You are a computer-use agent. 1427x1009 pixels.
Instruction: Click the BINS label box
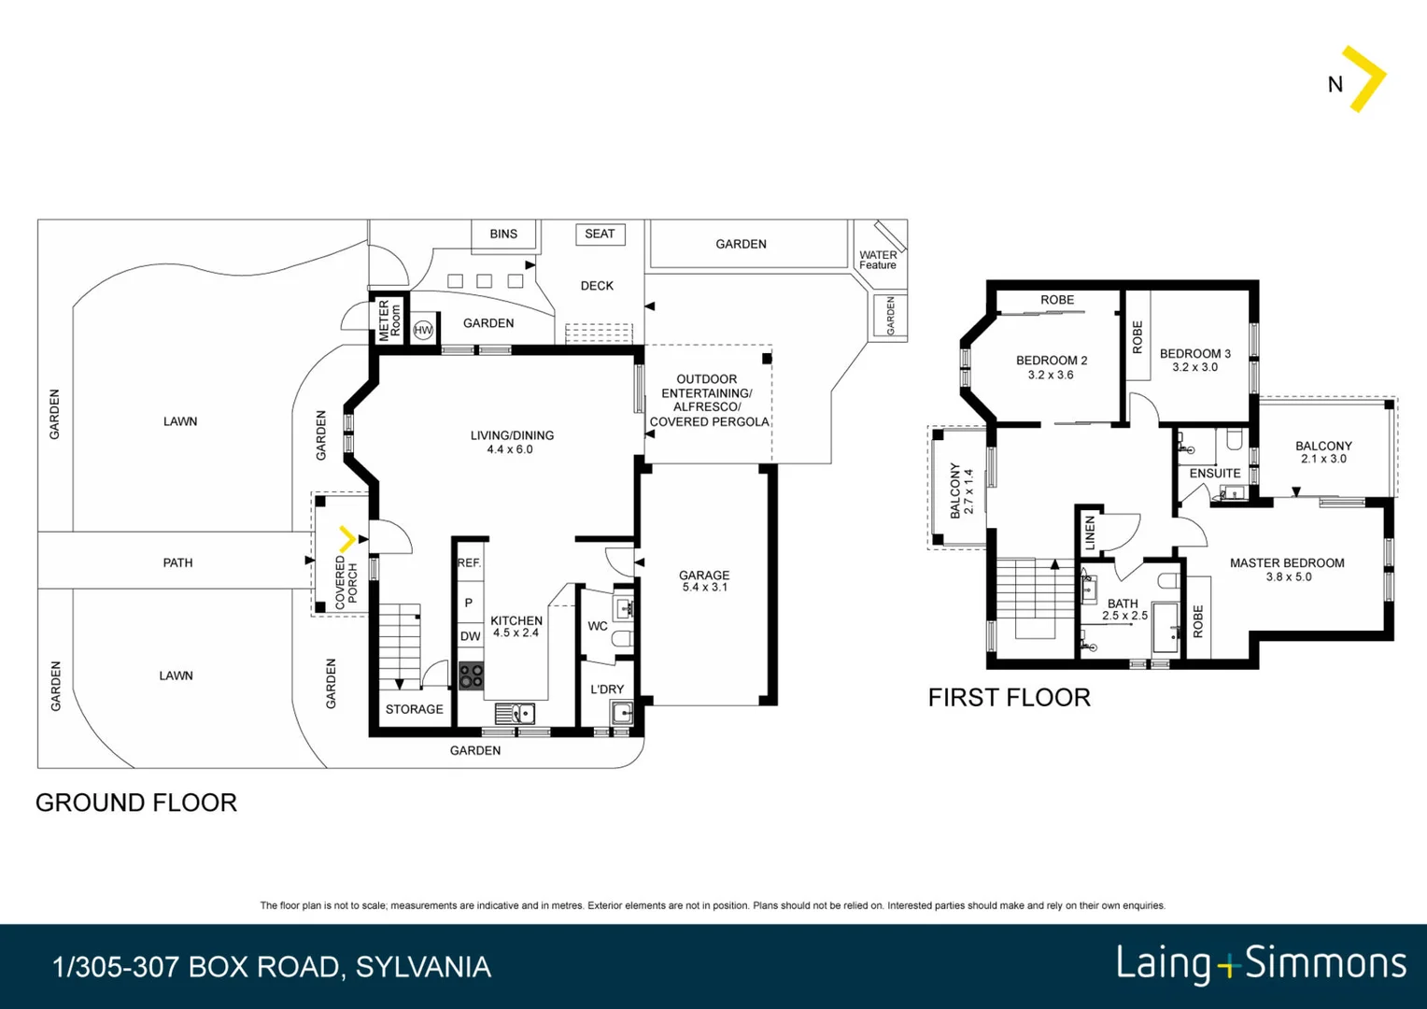503,234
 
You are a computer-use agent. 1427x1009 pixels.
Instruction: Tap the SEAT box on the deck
600,234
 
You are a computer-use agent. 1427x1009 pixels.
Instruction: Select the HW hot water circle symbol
423,330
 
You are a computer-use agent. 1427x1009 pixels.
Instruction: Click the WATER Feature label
878,260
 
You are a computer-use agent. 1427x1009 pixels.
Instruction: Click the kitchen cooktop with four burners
471,675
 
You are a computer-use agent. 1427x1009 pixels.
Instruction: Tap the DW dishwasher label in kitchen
470,636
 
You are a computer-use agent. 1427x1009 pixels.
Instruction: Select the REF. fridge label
470,562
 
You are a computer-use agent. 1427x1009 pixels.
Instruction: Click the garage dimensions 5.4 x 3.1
704,587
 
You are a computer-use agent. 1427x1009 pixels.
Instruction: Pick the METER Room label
389,320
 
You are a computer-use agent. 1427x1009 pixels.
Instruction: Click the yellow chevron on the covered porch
347,539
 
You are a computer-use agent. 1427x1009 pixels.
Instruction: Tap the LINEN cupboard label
1089,533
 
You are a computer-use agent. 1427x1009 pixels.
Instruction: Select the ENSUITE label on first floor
1215,474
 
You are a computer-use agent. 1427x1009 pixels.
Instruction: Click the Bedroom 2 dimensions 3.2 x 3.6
1051,375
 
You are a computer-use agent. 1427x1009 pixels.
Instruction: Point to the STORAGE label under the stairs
414,709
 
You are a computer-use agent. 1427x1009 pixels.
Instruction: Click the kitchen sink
515,713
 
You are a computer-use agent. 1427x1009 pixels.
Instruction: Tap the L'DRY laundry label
607,689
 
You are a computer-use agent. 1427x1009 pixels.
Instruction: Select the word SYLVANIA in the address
424,967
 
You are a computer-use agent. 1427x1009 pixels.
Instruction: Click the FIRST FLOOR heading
1010,697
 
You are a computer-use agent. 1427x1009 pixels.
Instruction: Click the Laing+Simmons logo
1262,964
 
